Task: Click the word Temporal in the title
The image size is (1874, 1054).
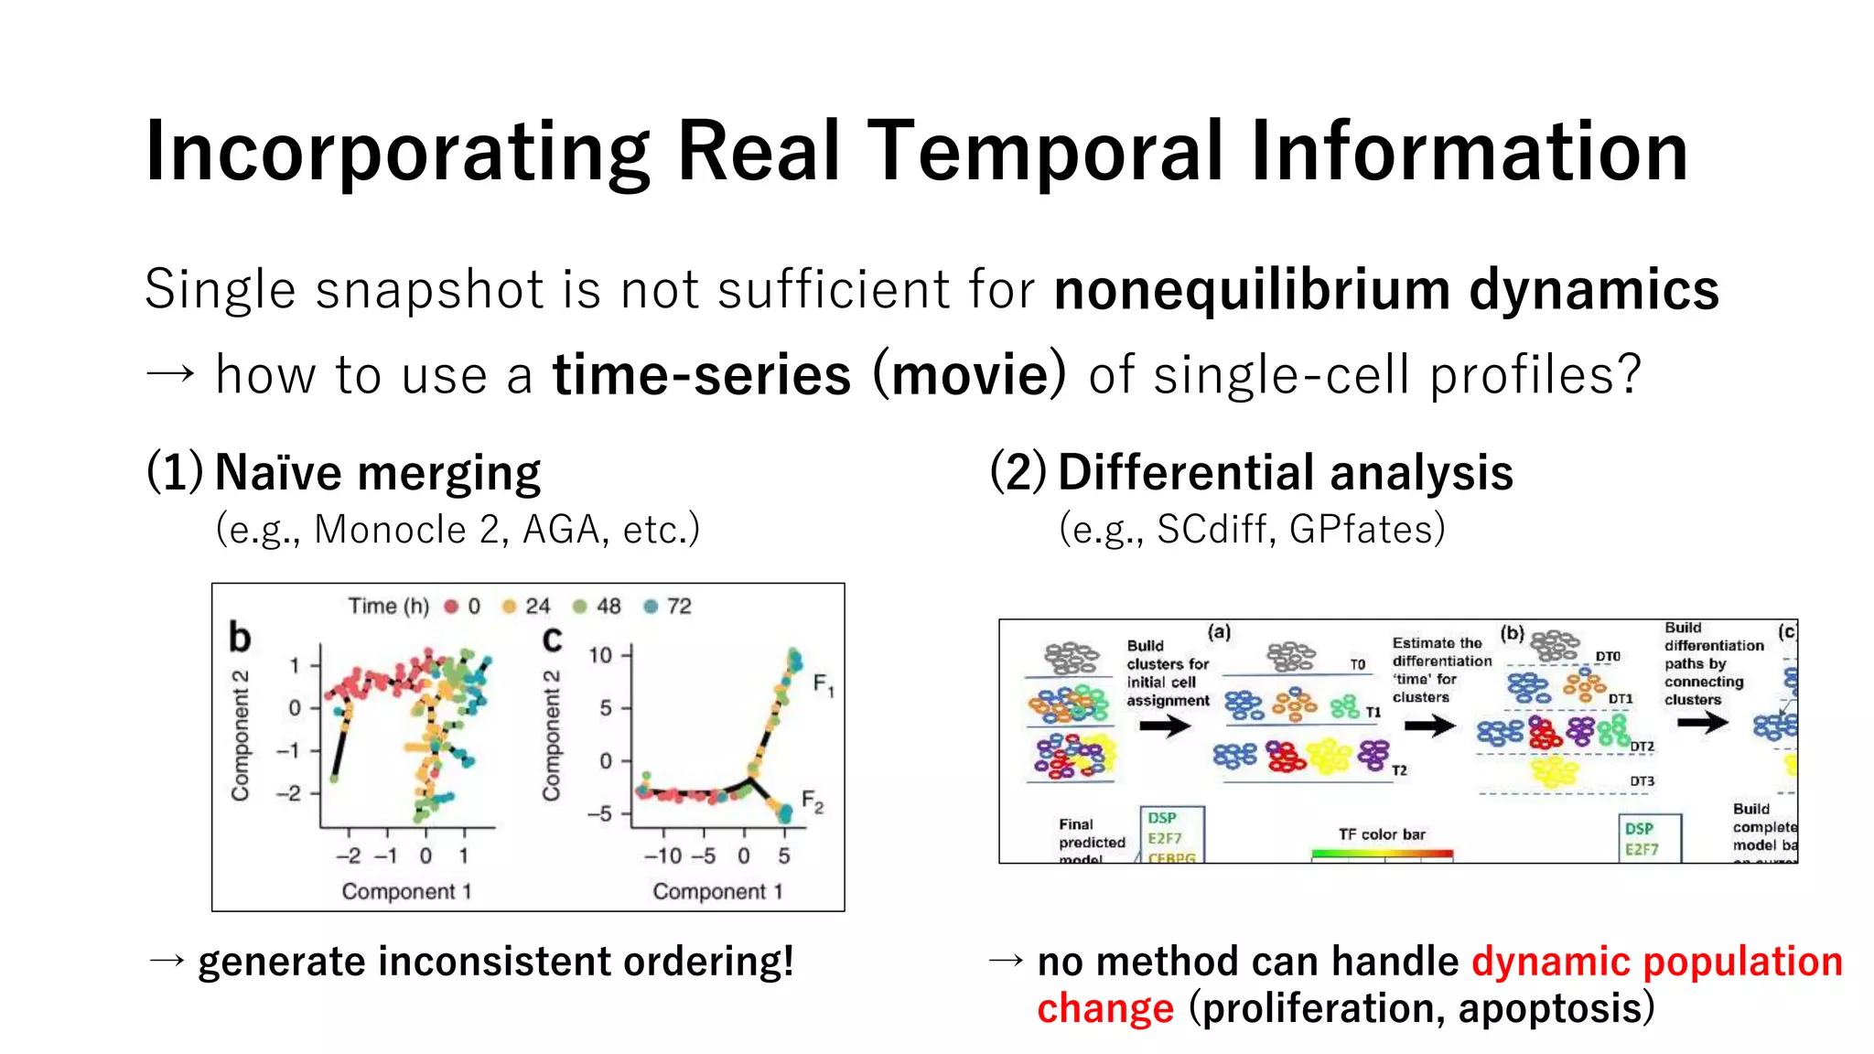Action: [x=1044, y=151]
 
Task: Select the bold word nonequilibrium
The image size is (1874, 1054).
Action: [x=1251, y=290]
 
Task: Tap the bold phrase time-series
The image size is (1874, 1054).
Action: [x=702, y=375]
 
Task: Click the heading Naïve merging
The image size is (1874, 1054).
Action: [x=377, y=473]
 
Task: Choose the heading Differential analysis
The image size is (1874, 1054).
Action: [x=1285, y=473]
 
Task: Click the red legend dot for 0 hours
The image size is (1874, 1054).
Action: [x=451, y=607]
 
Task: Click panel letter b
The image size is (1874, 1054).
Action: [x=240, y=637]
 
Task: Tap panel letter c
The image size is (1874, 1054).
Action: [x=552, y=639]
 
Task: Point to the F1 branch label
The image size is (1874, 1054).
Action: [x=823, y=684]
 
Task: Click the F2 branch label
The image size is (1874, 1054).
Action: [x=812, y=801]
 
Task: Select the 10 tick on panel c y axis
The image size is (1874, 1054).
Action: [x=600, y=655]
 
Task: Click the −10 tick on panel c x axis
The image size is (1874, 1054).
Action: [x=662, y=856]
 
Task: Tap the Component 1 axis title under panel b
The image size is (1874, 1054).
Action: [x=406, y=891]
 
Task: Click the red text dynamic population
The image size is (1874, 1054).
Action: [x=1656, y=962]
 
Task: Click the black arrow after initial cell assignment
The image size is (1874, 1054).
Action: [x=1165, y=726]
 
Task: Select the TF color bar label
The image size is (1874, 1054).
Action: [x=1381, y=834]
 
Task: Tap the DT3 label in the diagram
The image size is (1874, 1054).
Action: [x=1642, y=781]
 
